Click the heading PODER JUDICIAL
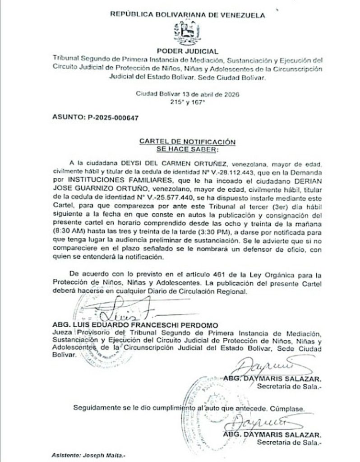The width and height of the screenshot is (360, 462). (x=187, y=51)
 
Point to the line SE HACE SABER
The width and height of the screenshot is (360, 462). (x=187, y=148)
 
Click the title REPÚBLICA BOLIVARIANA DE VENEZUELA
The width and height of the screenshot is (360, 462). (x=187, y=15)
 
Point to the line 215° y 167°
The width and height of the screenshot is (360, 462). (x=187, y=102)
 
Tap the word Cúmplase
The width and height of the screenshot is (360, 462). (x=293, y=408)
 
